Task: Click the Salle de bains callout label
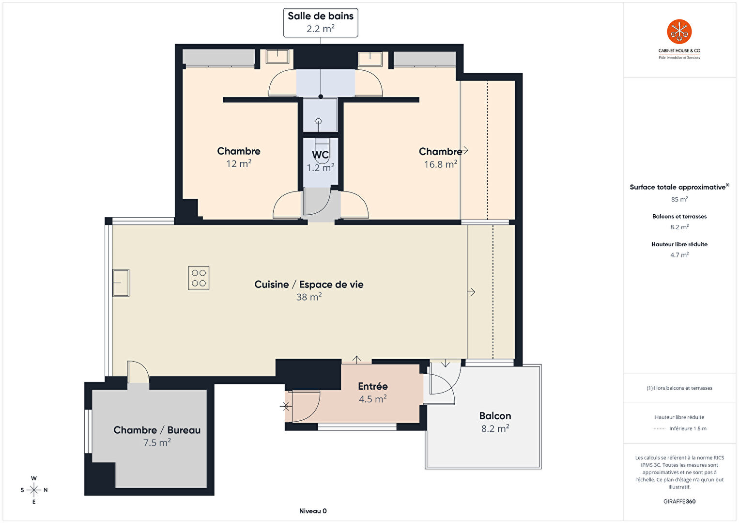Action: click(320, 22)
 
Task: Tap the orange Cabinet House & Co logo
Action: click(679, 32)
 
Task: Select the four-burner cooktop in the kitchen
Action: click(199, 278)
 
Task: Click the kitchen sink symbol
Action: click(121, 283)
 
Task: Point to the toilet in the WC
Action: click(322, 147)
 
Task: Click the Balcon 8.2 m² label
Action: click(495, 422)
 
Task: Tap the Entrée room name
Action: click(373, 386)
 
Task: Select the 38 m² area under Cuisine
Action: click(309, 297)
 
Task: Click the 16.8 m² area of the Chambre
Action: click(440, 164)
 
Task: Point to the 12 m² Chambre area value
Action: click(239, 164)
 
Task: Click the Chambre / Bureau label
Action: click(157, 430)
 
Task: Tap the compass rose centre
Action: click(33, 490)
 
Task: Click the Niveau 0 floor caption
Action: click(313, 511)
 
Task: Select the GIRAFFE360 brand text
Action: click(679, 501)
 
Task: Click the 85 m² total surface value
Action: click(679, 199)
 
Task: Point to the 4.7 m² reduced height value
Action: click(679, 254)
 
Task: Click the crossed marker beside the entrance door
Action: click(286, 407)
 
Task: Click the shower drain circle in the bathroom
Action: click(318, 121)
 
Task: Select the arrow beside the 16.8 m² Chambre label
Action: click(464, 151)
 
